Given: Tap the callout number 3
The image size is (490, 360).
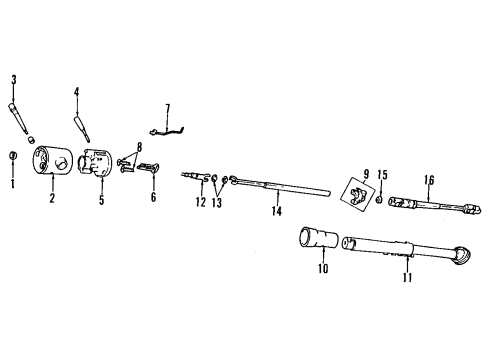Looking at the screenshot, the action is tap(13, 80).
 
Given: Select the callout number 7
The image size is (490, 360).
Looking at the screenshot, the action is tap(168, 107).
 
